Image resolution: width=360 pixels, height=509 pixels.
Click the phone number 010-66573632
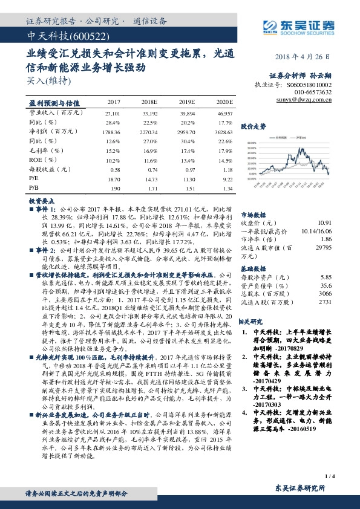tap(313, 92)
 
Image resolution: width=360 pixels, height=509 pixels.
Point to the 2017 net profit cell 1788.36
tap(113, 131)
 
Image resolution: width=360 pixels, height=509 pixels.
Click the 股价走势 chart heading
tap(254, 126)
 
